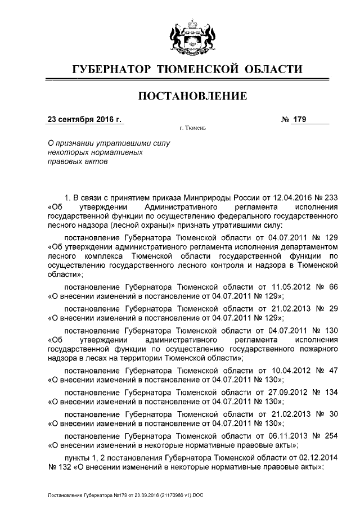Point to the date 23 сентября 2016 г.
84,119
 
